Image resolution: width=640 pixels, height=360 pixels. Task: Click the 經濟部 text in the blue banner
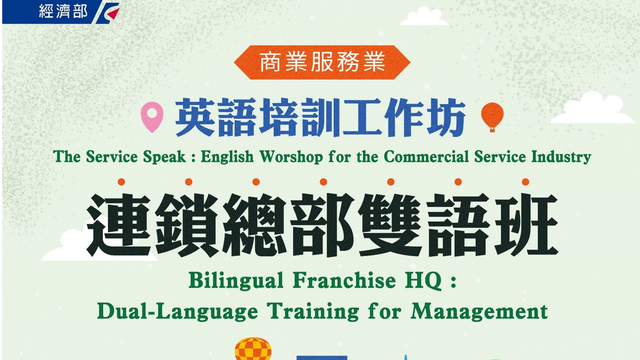(63, 11)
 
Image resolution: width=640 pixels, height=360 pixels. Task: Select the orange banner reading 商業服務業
(322, 62)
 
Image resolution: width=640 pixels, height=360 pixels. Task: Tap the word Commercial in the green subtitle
(426, 157)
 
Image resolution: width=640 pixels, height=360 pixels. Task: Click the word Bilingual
(236, 281)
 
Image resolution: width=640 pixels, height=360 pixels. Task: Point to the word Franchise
(345, 281)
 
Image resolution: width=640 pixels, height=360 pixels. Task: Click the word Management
(479, 312)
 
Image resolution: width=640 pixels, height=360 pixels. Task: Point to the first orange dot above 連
(122, 182)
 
